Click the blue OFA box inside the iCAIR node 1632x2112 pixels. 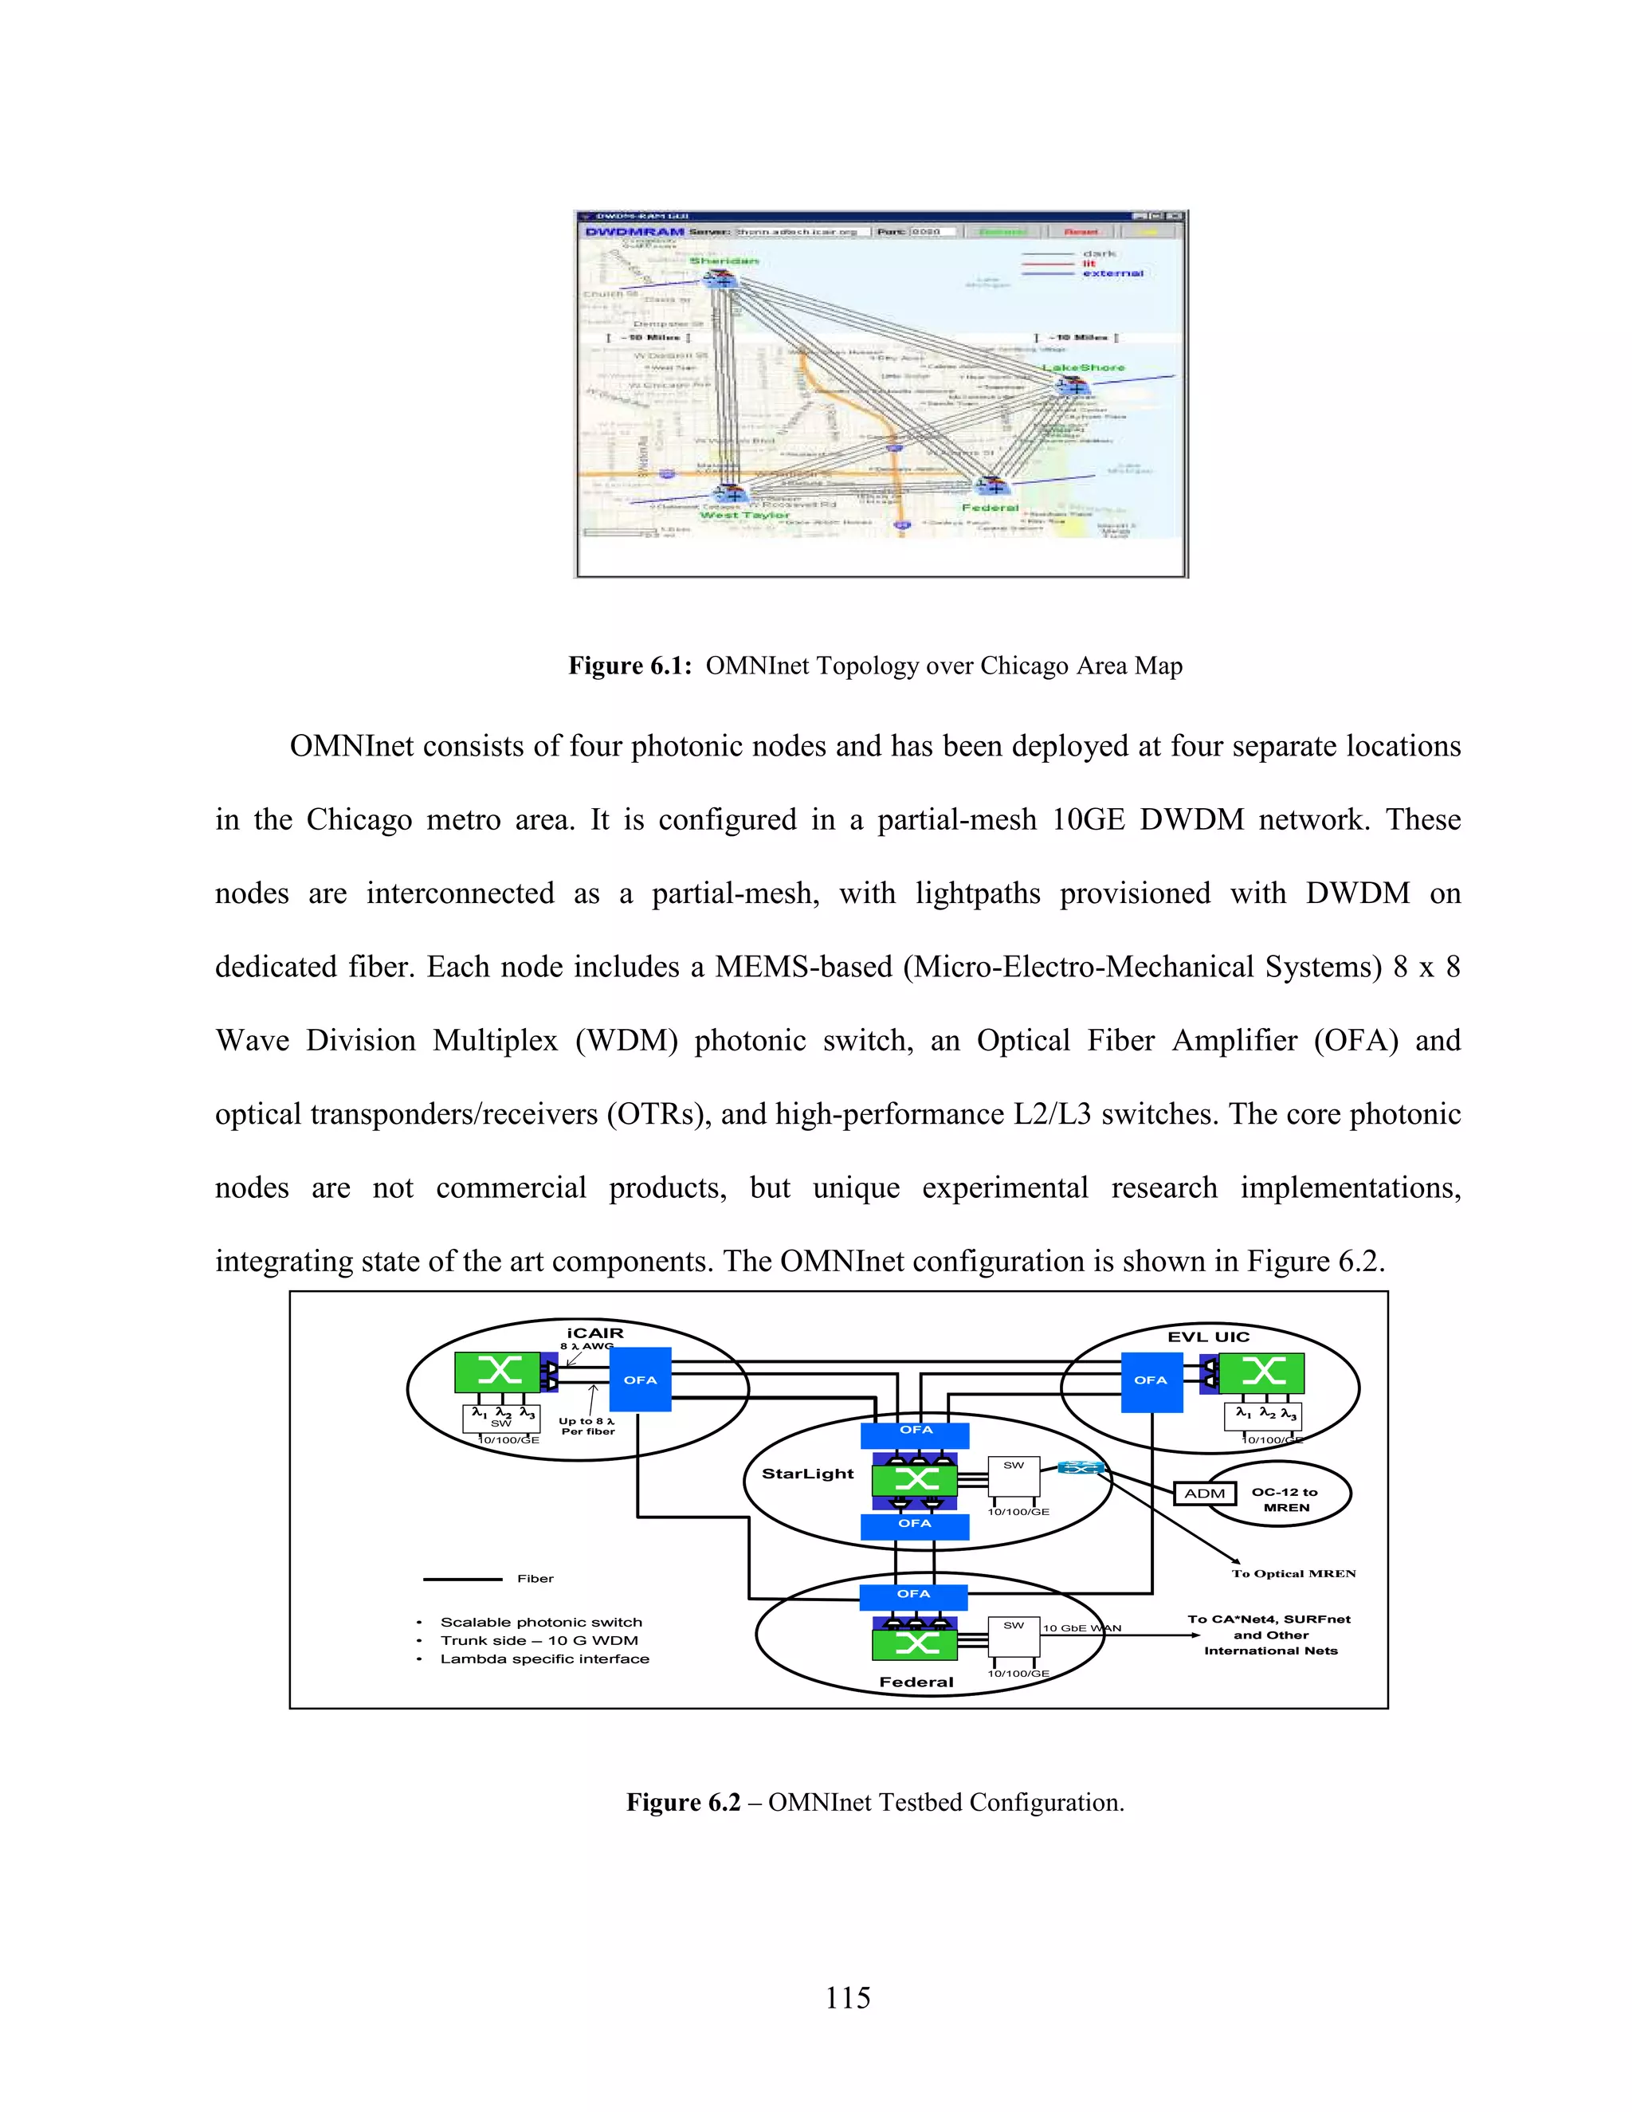(640, 1379)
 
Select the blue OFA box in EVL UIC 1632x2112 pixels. (1151, 1379)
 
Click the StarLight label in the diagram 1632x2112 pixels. (807, 1474)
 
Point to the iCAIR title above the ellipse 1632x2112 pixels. (594, 1333)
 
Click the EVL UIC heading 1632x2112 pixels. (1209, 1337)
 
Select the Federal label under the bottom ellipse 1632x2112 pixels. (916, 1682)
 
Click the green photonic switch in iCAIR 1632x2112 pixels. (498, 1372)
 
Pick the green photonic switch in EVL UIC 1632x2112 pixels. (1261, 1372)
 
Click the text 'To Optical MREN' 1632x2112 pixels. (1293, 1573)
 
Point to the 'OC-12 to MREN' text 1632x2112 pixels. (1285, 1500)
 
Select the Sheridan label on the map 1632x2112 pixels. (724, 261)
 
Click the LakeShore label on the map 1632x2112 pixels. (1083, 367)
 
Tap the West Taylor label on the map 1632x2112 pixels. (744, 516)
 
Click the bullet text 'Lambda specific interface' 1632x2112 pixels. (544, 1659)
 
